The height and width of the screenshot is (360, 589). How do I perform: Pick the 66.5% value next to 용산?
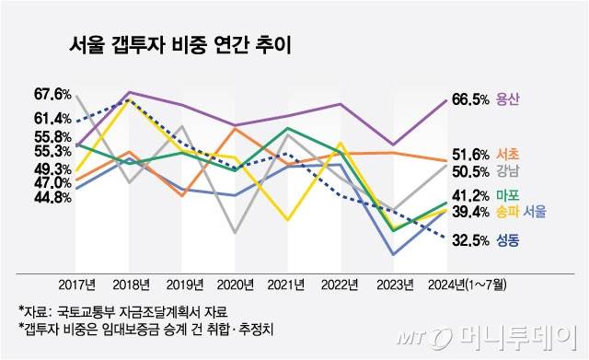point(470,99)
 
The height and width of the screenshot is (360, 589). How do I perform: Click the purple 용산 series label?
point(508,99)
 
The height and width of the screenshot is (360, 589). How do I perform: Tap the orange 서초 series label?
point(508,154)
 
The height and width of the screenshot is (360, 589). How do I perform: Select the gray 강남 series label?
point(508,171)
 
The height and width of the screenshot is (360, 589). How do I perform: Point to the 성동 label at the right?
point(508,241)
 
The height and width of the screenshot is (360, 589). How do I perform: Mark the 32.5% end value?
point(470,241)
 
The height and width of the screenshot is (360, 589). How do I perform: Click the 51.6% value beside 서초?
point(470,154)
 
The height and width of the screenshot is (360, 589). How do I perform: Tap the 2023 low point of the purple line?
point(393,145)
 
